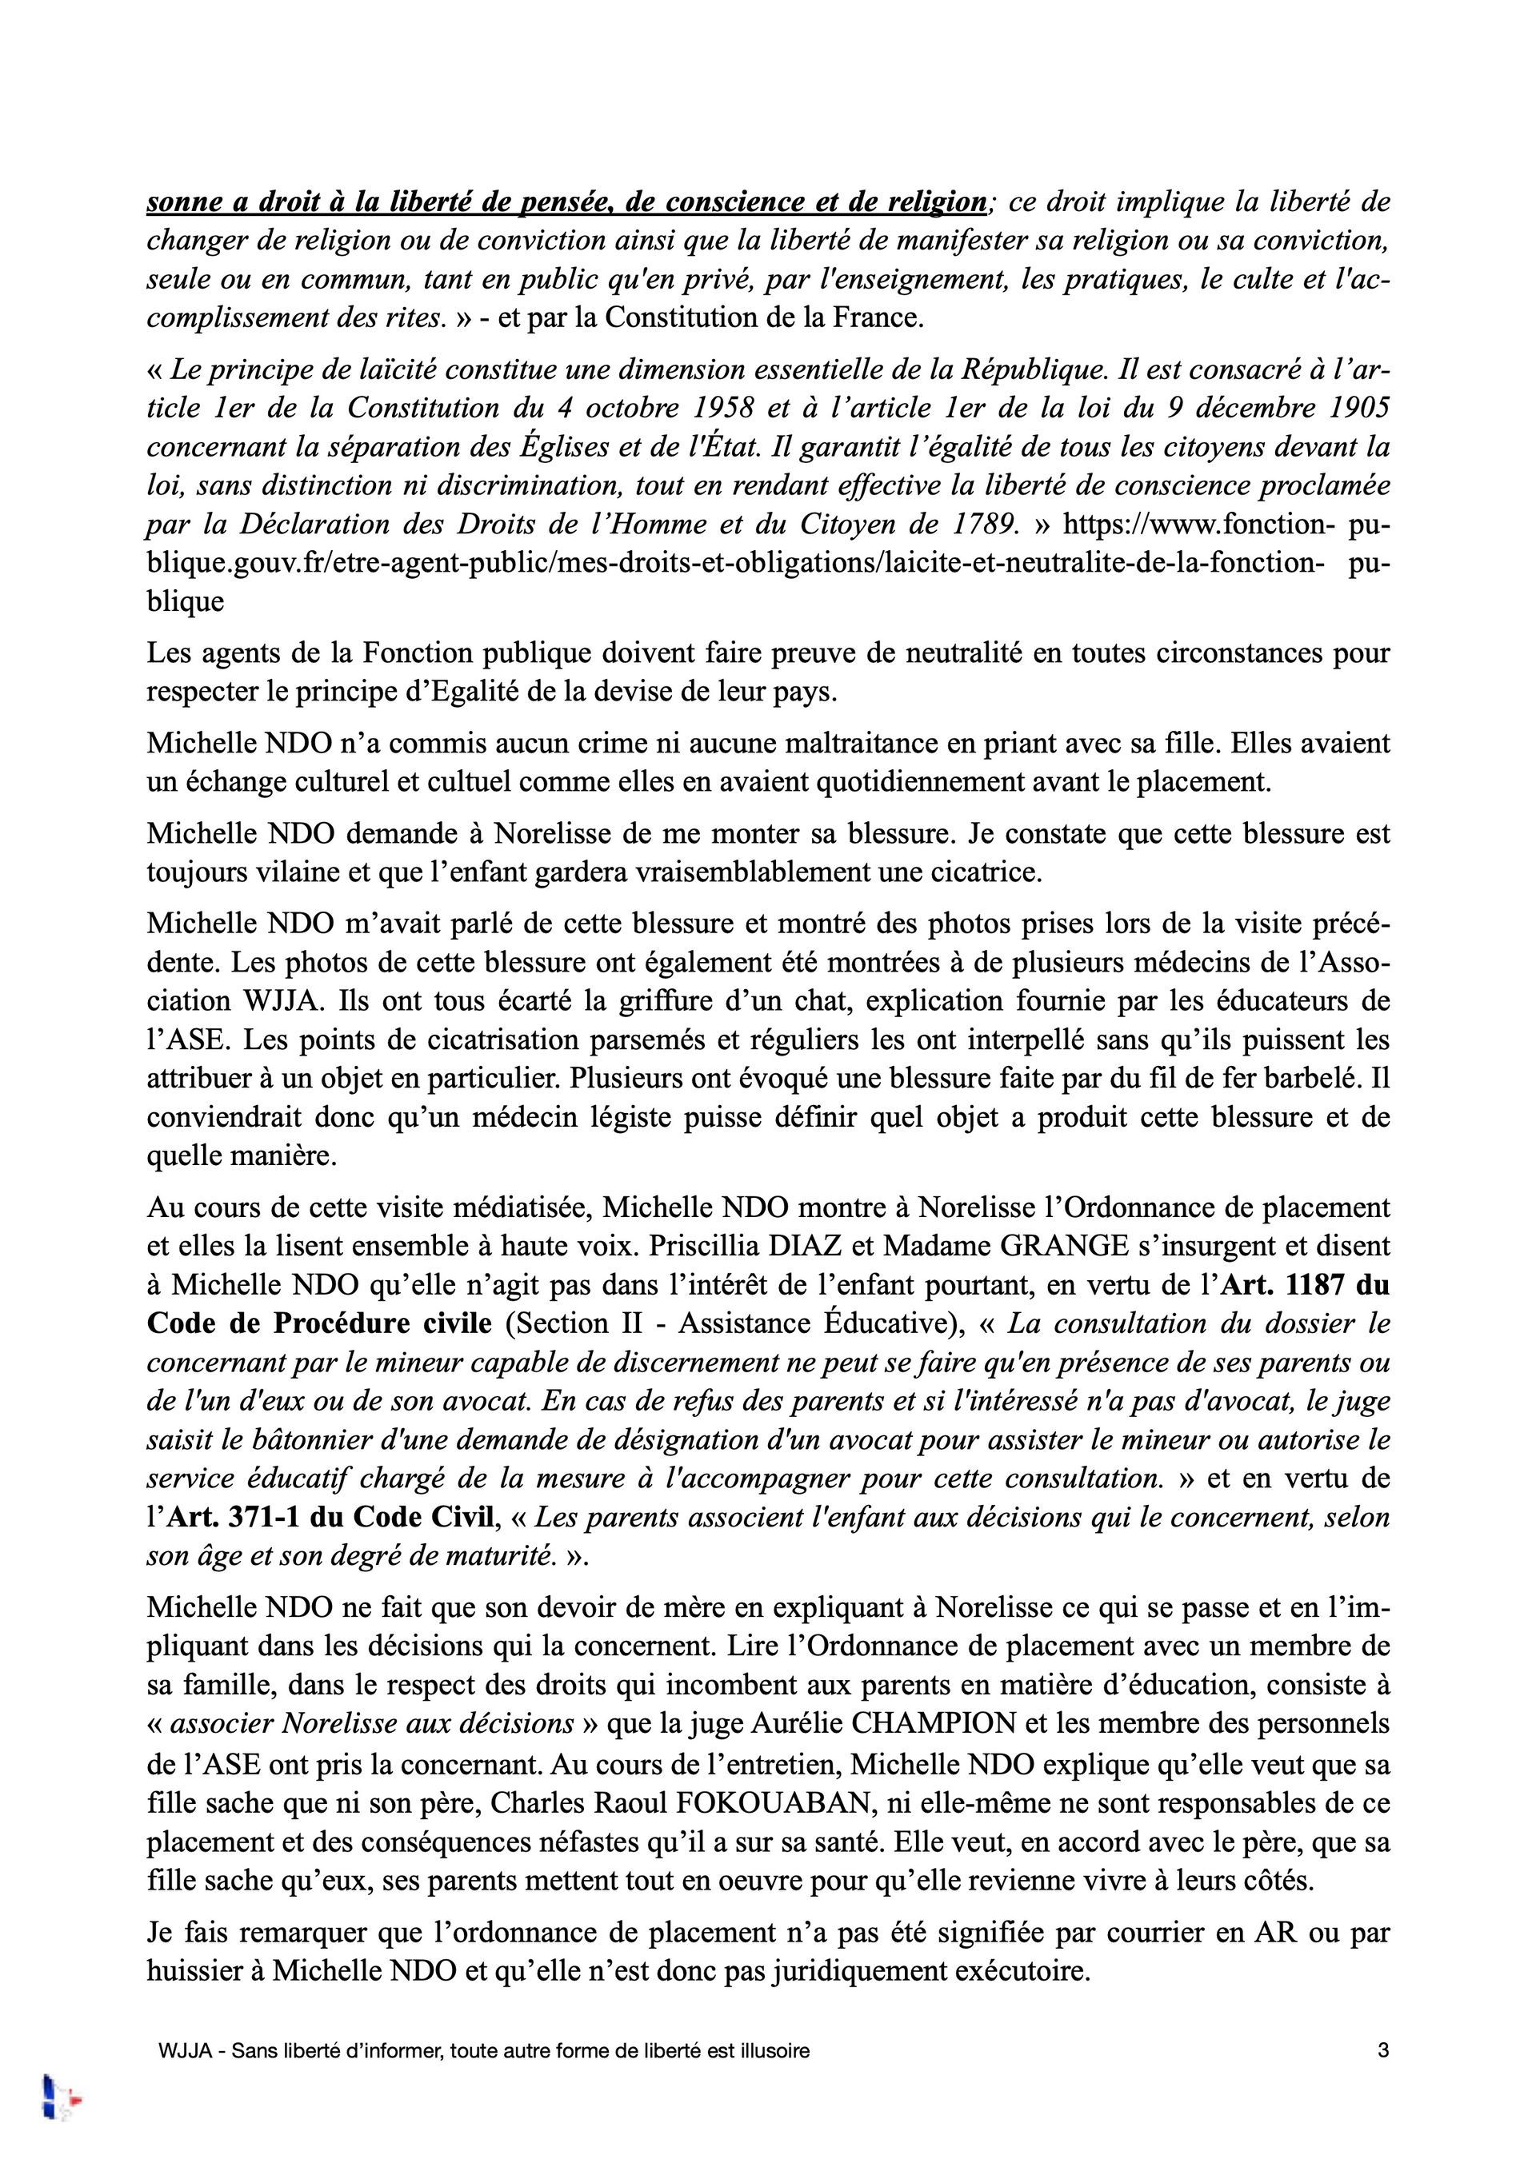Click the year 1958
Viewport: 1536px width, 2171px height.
coord(723,408)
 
